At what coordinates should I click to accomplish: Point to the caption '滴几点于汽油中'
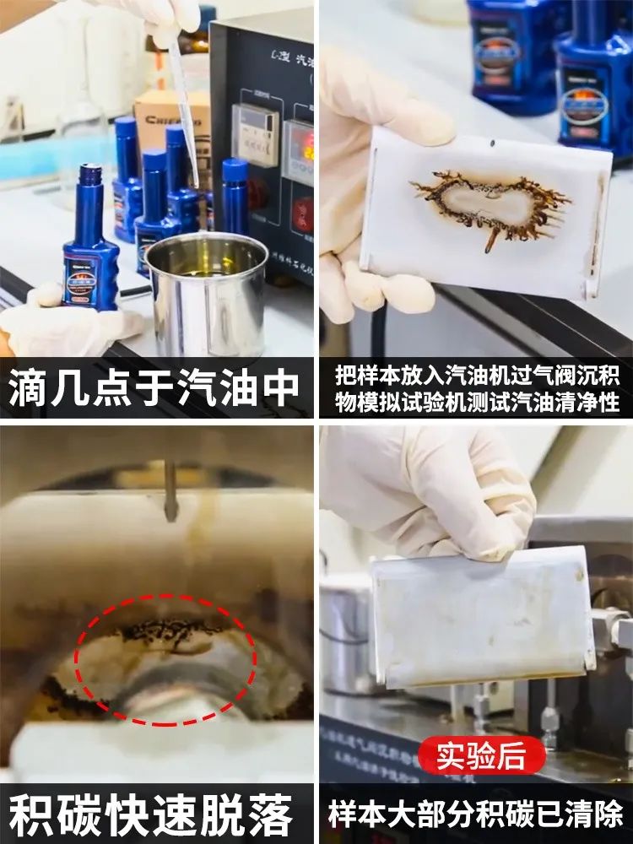[157, 389]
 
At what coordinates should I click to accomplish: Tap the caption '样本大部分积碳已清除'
[476, 816]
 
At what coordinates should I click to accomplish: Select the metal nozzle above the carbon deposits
[170, 490]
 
